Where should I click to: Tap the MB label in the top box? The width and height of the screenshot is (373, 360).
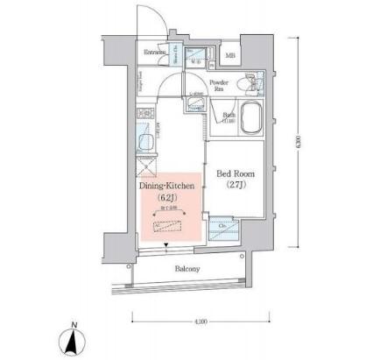tap(231, 57)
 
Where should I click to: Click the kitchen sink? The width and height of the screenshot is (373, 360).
tap(144, 138)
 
